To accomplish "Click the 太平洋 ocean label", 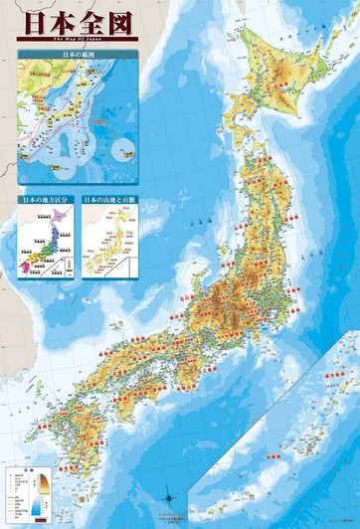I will coord(298,328).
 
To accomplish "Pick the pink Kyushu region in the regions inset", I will coord(24,265).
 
